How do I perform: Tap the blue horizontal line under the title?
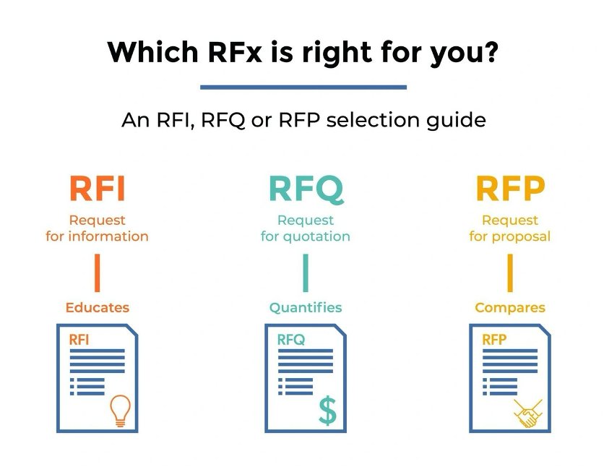coord(303,87)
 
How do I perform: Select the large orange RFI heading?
coord(97,189)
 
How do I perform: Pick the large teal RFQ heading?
coord(306,189)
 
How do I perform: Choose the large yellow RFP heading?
coord(510,189)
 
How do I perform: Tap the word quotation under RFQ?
coord(316,236)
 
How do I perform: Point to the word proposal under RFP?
coord(520,236)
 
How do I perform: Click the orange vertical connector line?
coord(98,273)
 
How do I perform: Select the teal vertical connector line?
coord(306,273)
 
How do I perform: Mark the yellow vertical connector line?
coord(510,273)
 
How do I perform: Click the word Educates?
coord(98,307)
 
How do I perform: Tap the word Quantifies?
coord(306,307)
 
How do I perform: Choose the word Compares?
coord(510,307)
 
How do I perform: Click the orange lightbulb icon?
coord(119,410)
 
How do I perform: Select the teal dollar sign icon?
coord(327,409)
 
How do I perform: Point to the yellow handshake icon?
coord(528,414)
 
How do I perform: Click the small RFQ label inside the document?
coord(291,339)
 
